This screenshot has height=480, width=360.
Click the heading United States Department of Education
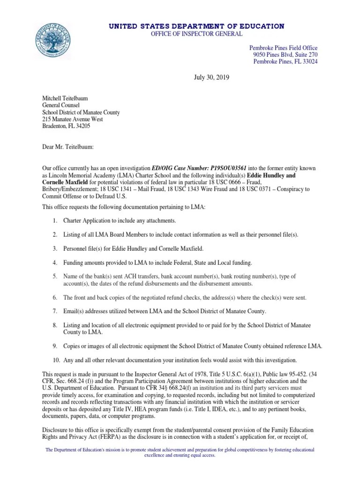[196, 26]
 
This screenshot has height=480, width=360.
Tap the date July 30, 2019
[211, 76]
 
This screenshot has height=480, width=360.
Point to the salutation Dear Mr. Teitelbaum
[68, 147]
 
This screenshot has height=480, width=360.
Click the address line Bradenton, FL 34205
[66, 126]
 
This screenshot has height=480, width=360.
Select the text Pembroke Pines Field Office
[283, 48]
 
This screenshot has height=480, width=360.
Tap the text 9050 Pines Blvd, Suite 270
[285, 55]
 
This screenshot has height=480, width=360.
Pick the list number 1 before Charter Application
[55, 221]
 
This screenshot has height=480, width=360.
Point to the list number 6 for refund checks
[55, 298]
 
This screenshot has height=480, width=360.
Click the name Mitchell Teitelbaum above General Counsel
[66, 98]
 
